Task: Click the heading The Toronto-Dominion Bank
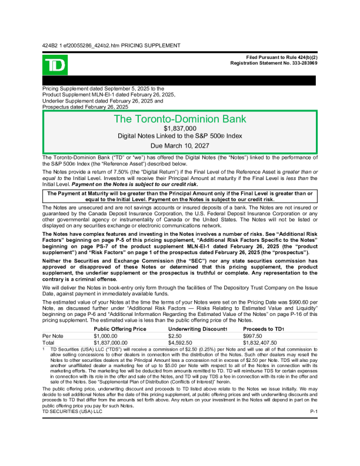(180, 119)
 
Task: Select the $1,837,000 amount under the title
(180, 128)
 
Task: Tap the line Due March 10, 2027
(180, 145)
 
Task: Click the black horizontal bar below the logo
(180, 81)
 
